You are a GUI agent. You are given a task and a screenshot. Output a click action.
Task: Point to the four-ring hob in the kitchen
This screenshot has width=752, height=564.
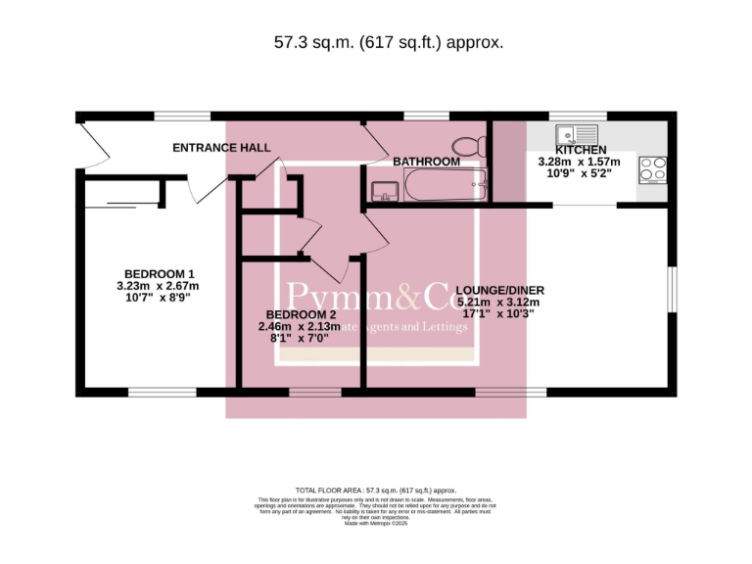pyautogui.click(x=653, y=169)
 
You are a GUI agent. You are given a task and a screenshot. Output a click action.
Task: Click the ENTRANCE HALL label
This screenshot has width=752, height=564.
pyautogui.click(x=221, y=148)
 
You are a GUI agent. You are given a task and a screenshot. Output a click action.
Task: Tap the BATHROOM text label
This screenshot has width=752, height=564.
pyautogui.click(x=426, y=162)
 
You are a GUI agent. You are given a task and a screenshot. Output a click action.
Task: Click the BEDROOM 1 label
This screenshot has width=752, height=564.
pyautogui.click(x=159, y=273)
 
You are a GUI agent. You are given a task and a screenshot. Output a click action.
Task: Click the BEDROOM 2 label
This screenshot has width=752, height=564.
pyautogui.click(x=299, y=314)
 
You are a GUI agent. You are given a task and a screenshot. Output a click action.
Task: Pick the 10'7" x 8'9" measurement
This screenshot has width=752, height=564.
pyautogui.click(x=158, y=298)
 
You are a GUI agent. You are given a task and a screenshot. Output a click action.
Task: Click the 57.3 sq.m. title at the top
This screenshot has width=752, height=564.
pyautogui.click(x=388, y=42)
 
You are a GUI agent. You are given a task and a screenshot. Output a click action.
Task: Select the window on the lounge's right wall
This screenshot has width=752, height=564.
pyautogui.click(x=672, y=291)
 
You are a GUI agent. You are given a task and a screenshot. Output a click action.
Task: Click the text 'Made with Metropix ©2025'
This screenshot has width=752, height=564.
pyautogui.click(x=375, y=524)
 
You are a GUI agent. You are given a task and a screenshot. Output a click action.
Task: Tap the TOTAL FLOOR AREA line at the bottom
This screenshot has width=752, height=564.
pyautogui.click(x=376, y=491)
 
